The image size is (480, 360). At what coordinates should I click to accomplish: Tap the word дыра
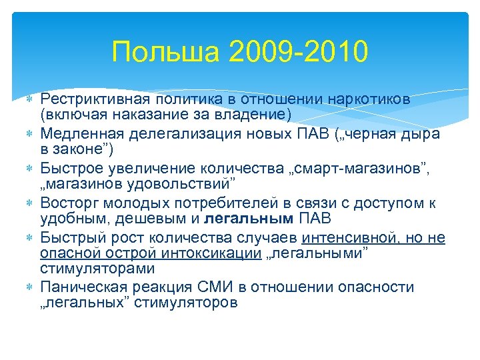(419, 135)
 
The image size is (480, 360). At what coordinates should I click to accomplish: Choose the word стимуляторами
(97, 269)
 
